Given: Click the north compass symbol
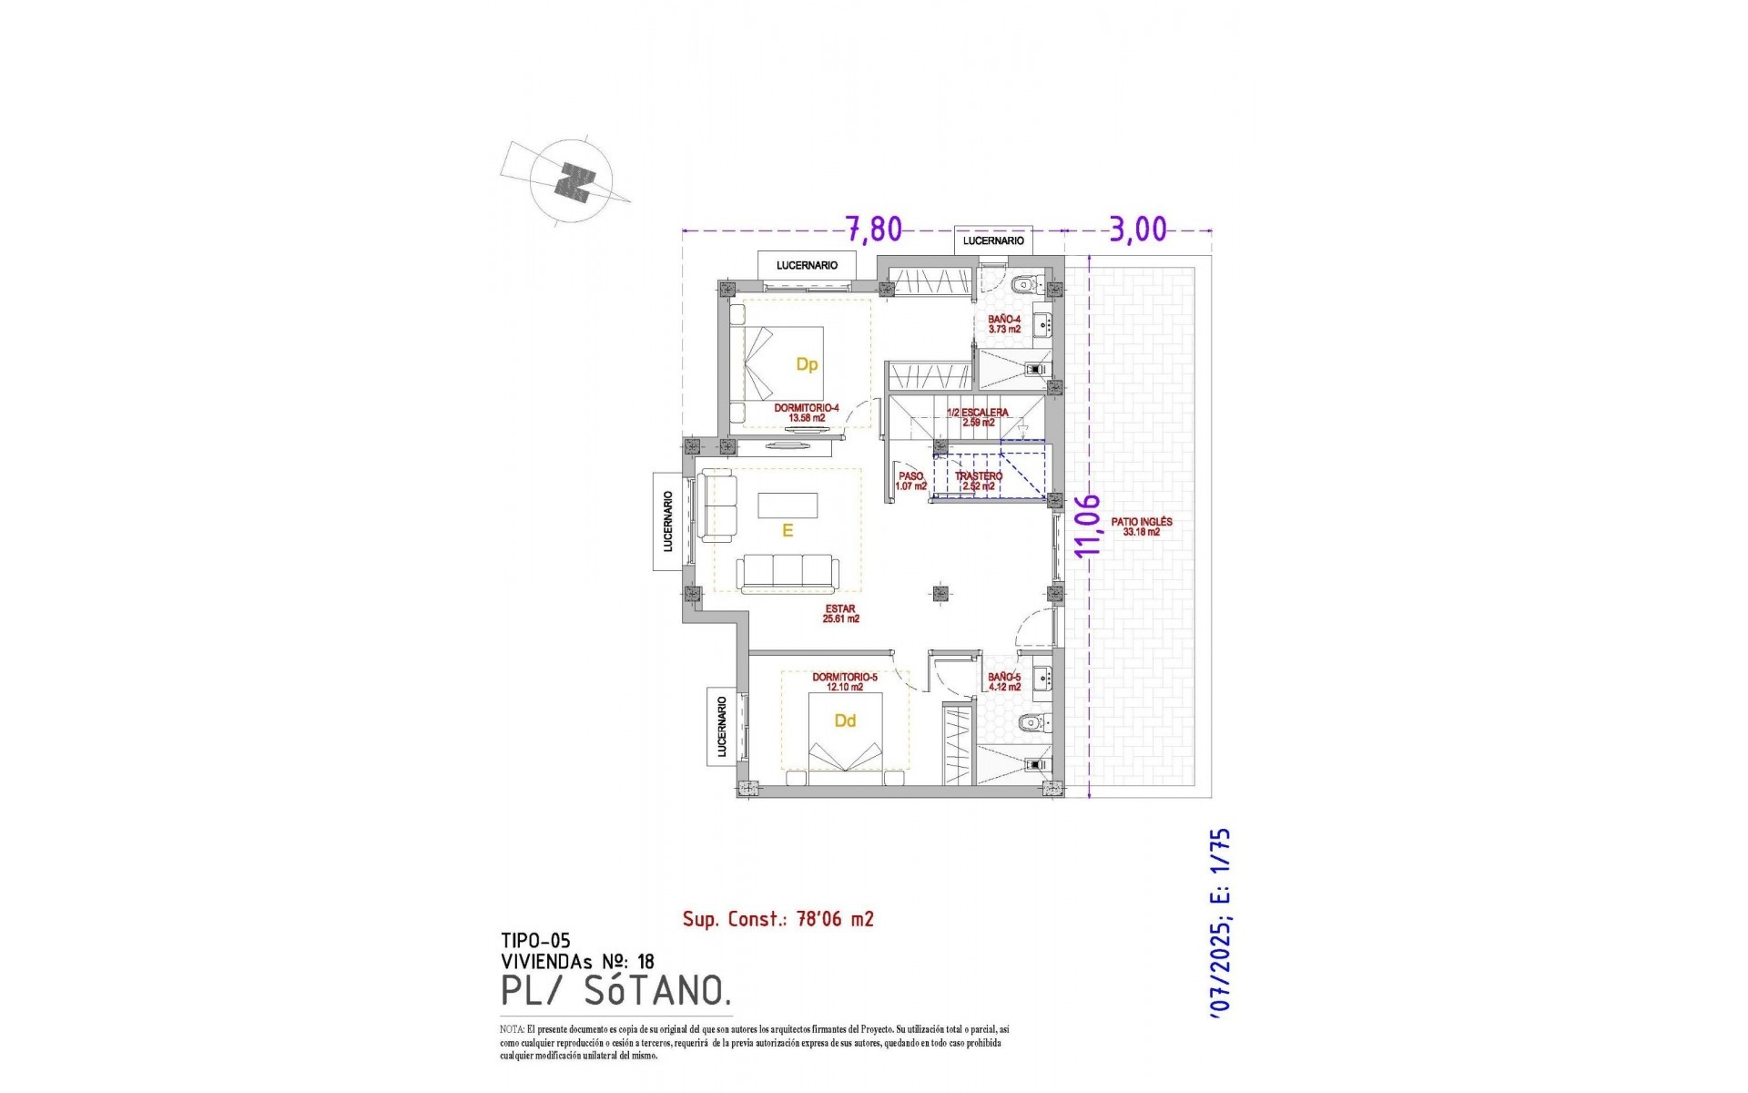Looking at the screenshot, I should pyautogui.click(x=572, y=181).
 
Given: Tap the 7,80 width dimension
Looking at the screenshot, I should pyautogui.click(x=873, y=229).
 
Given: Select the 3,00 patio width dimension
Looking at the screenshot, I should pyautogui.click(x=1137, y=229).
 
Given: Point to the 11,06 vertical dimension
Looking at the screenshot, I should pyautogui.click(x=1088, y=525).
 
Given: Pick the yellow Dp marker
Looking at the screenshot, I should pyautogui.click(x=807, y=364).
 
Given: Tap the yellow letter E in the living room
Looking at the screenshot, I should pyautogui.click(x=788, y=530).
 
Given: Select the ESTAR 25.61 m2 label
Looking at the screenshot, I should pyautogui.click(x=840, y=614).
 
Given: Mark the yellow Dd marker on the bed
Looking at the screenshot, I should pyautogui.click(x=845, y=720).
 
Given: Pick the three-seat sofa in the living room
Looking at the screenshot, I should pyautogui.click(x=788, y=573).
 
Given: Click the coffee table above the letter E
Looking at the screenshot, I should pyautogui.click(x=788, y=505).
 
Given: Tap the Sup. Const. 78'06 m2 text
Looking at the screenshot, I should pyautogui.click(x=778, y=919).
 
